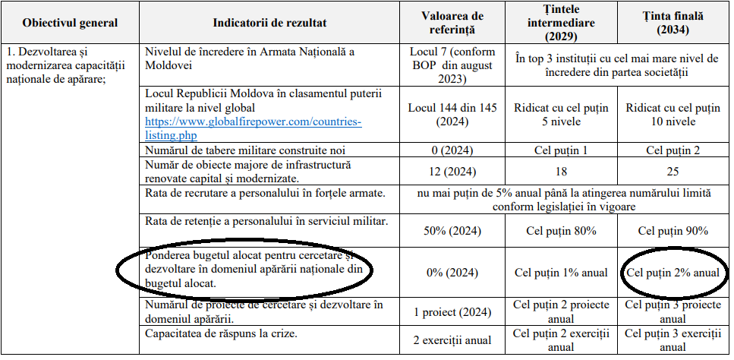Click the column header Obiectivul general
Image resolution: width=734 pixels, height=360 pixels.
(70, 22)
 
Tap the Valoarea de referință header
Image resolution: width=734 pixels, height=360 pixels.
(452, 22)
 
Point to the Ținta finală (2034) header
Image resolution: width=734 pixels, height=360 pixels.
(673, 22)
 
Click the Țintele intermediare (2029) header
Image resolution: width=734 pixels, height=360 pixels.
(561, 22)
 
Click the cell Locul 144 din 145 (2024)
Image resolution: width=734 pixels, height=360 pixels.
(452, 115)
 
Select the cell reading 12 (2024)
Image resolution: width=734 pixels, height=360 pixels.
(452, 171)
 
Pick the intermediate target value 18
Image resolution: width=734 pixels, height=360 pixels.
(561, 172)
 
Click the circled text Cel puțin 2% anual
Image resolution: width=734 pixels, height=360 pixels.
(673, 272)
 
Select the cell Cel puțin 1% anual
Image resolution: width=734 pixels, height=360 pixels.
(561, 272)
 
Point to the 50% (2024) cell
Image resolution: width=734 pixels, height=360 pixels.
(452, 231)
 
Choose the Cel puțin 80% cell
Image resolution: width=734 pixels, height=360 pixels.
(561, 231)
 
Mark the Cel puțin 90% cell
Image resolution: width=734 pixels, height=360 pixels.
(673, 231)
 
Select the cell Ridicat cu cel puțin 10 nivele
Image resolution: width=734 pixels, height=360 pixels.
(673, 115)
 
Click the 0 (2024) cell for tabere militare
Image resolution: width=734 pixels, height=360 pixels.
(452, 150)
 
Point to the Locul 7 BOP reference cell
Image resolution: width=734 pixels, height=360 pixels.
(452, 65)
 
